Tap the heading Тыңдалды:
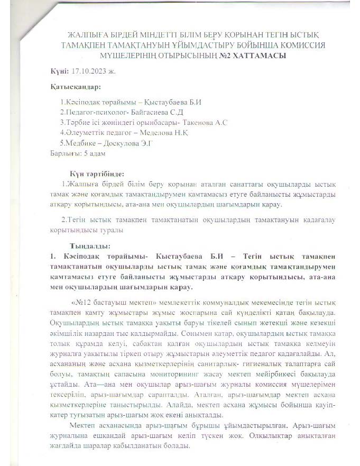(88, 246)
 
